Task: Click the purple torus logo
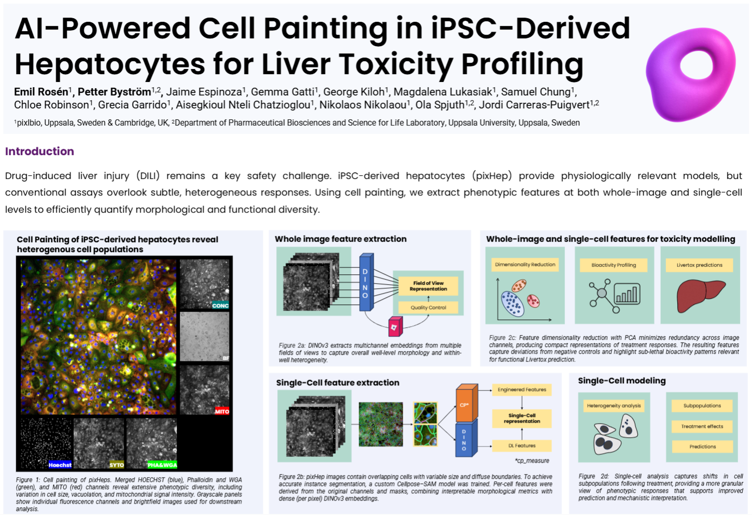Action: (x=690, y=74)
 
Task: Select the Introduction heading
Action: (x=39, y=151)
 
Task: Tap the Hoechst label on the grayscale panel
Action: (x=60, y=465)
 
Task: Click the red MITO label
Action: (x=222, y=411)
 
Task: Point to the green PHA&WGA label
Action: (x=162, y=465)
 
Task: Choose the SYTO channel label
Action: (x=117, y=465)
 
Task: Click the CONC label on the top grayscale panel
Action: (x=220, y=305)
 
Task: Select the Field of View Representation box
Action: (x=428, y=286)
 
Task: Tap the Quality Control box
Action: (x=428, y=308)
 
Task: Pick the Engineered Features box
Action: (x=522, y=389)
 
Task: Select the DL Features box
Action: (x=522, y=446)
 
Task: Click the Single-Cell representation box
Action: (x=522, y=418)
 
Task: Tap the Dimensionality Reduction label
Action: (x=525, y=265)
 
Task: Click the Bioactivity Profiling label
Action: (x=614, y=265)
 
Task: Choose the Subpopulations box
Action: (x=702, y=406)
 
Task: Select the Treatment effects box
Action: (x=702, y=426)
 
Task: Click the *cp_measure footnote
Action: (x=532, y=461)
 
